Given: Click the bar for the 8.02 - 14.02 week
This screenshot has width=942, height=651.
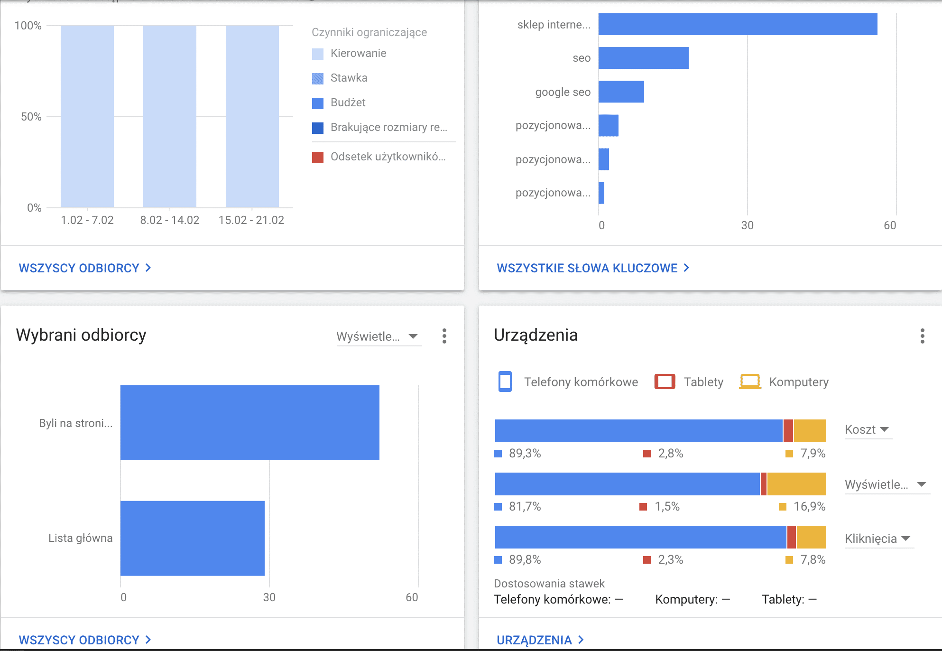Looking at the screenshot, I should (170, 116).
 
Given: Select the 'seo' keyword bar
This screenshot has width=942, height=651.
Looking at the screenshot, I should (643, 58).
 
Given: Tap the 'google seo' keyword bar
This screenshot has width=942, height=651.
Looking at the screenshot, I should (621, 92).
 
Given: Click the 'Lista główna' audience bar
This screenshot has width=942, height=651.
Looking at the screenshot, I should (192, 538).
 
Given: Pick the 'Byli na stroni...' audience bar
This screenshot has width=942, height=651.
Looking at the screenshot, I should (249, 423).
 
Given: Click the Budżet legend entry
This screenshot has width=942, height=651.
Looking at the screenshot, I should (348, 102).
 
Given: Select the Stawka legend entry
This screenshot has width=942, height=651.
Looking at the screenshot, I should (349, 78).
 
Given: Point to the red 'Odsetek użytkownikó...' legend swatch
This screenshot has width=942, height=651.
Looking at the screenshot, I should (318, 157).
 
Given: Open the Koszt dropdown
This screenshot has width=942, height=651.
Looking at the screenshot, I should (867, 429).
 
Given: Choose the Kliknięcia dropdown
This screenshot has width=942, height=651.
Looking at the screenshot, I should (877, 539).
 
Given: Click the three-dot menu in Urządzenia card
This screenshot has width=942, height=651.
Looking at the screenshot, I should (922, 336).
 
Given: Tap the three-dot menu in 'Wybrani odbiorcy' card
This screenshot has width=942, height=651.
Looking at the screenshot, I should (444, 336).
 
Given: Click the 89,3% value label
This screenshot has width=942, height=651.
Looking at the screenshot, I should (525, 454).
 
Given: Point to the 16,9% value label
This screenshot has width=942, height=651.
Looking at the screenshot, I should (809, 507).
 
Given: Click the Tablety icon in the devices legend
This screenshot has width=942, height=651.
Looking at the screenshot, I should (665, 381).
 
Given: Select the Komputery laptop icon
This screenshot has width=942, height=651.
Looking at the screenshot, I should (750, 381).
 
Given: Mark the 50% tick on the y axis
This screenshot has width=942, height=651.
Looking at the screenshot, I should (31, 117).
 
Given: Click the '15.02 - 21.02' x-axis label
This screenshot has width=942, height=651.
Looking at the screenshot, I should (251, 220).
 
